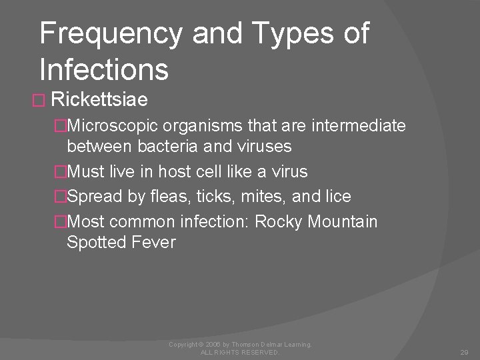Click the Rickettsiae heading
pyautogui.click(x=99, y=101)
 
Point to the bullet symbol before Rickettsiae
pyautogui.click(x=39, y=101)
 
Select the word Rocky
pyautogui.click(x=277, y=221)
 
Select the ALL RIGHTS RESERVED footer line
pyautogui.click(x=240, y=352)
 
